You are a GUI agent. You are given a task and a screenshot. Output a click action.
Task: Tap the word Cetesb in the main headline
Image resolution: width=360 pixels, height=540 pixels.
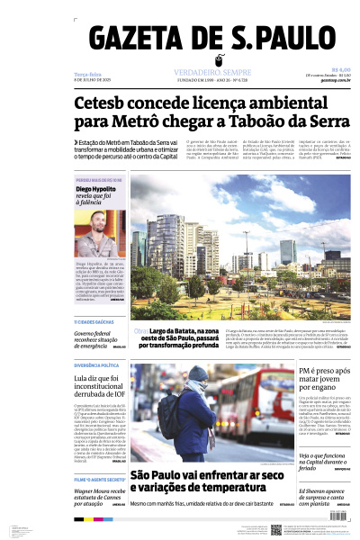[103, 105]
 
